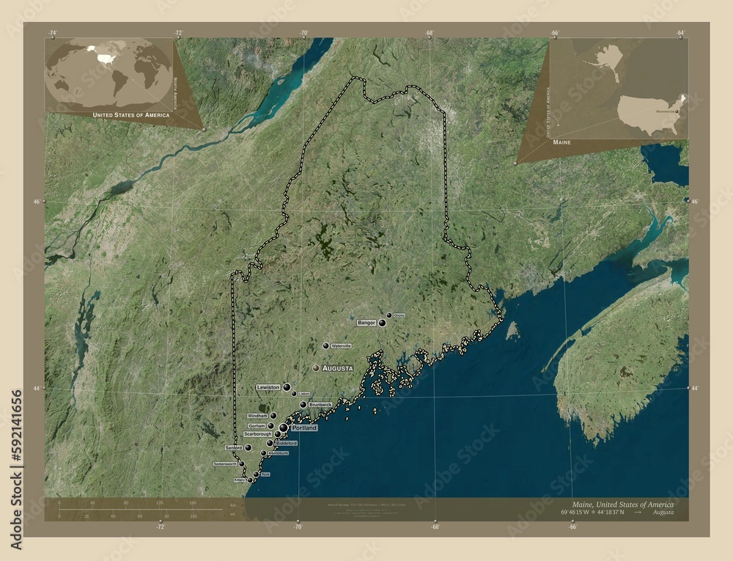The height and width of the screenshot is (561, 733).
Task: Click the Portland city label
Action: point(304,428)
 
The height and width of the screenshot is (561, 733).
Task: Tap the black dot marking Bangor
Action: point(382,323)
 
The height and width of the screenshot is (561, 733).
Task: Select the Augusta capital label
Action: point(337,367)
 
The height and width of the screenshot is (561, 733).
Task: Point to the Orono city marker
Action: point(389,315)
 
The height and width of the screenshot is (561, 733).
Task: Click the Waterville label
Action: point(342,345)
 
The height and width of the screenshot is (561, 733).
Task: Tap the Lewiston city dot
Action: point(287,386)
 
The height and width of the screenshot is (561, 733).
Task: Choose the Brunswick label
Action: point(320,404)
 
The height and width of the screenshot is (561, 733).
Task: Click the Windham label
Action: point(257,416)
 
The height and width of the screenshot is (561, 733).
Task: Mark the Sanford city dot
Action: point(248,447)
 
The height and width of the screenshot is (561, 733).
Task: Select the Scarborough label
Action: point(259,434)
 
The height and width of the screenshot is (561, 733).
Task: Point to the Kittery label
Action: point(240,480)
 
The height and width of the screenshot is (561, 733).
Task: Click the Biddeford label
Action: point(287,444)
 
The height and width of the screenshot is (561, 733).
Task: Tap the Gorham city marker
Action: point(270,425)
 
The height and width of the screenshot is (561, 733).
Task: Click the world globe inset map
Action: point(108,73)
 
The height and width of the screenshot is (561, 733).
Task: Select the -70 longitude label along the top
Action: point(303,33)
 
